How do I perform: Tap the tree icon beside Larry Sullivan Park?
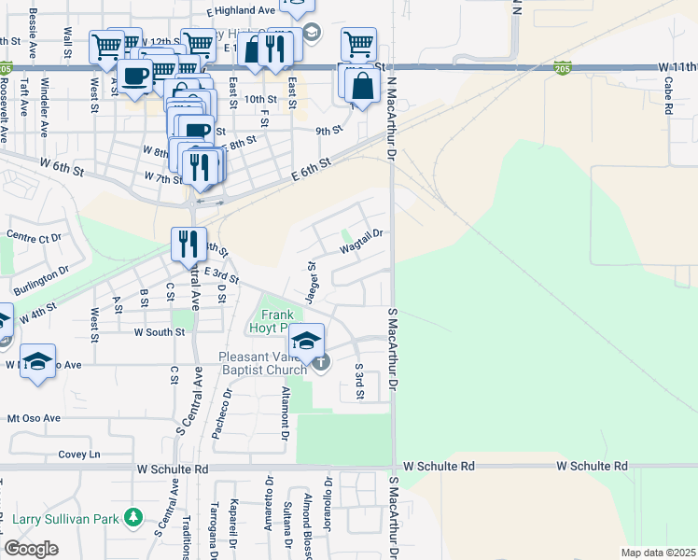coord(133,517)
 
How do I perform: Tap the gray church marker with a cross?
coord(321,362)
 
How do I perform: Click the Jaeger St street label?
coord(314,277)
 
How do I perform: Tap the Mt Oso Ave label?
coord(34,418)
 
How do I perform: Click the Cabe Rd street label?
coord(668,95)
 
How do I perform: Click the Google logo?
coord(32,549)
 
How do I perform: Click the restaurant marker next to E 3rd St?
coord(188,244)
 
